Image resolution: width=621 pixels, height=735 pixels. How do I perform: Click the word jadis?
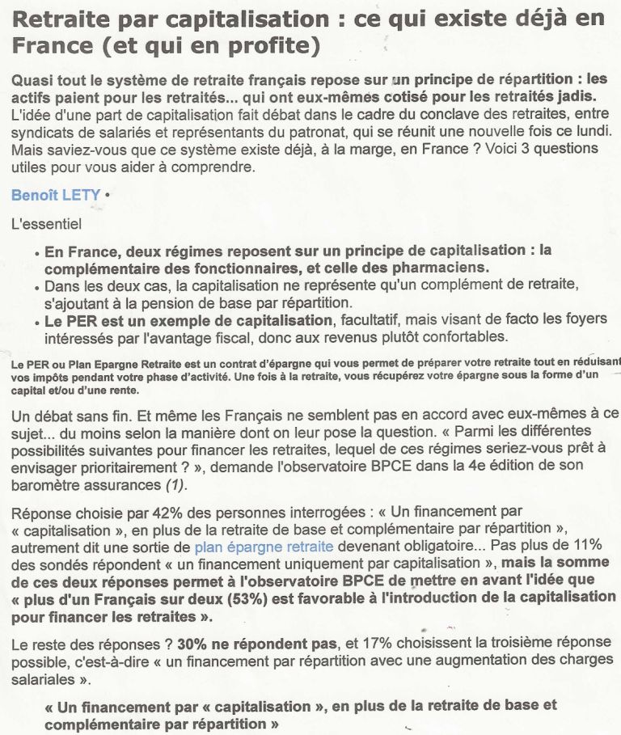point(587,96)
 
